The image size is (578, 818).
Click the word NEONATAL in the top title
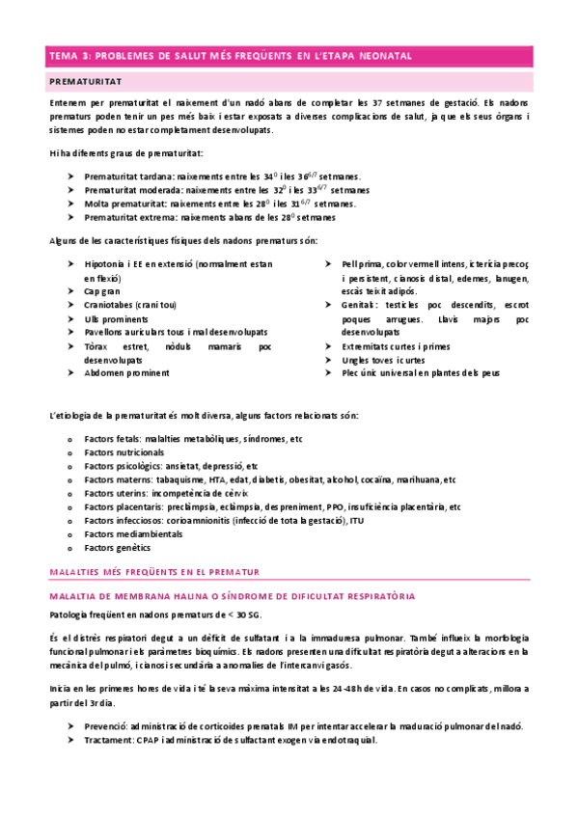click(x=378, y=56)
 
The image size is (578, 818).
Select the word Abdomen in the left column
click(x=103, y=371)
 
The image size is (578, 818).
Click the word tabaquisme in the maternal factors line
click(x=182, y=478)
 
